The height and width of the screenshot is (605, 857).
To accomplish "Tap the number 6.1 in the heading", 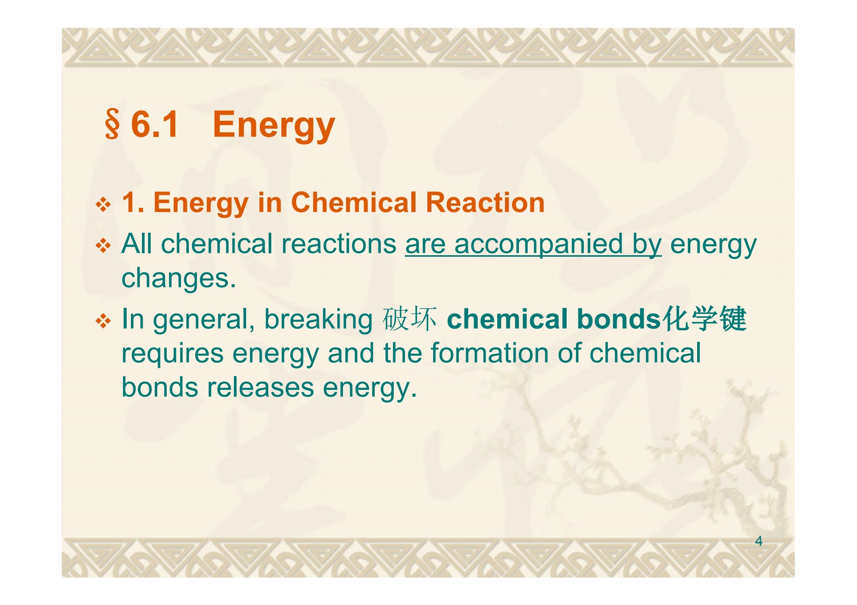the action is coord(155,124).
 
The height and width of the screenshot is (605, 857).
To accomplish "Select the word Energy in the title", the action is coord(274,126).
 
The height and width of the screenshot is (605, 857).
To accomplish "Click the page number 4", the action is coord(759,541).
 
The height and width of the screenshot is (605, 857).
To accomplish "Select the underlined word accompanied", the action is coord(538,245).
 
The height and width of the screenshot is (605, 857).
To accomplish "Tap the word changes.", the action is coord(179,279).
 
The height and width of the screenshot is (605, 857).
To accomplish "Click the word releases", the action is coord(260,388).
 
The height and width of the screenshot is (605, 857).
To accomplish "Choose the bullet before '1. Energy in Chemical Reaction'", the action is coord(103,205).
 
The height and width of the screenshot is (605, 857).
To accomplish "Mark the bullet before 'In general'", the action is coord(103,321).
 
